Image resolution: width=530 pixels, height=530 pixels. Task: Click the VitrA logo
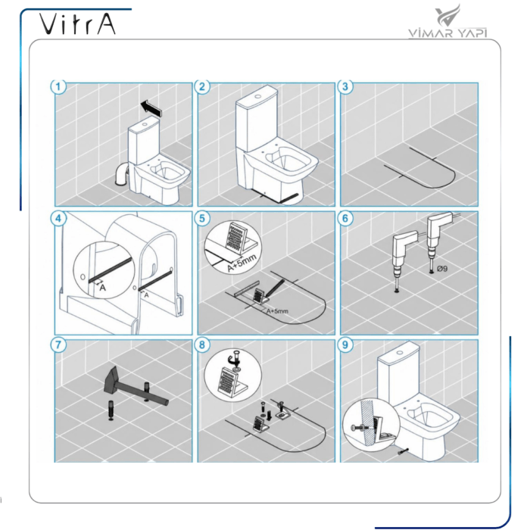coord(77,23)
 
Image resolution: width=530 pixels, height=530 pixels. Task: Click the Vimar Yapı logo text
coord(448,33)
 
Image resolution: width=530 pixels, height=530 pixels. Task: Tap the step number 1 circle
coord(58,86)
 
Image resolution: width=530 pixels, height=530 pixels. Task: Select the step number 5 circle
coord(202,218)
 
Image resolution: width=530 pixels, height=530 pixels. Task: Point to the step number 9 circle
coord(345,344)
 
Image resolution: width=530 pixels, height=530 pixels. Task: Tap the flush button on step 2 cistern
coord(259,96)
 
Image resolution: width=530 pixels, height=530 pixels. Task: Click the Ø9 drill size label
coord(441,268)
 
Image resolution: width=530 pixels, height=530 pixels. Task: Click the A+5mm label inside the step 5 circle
coord(242,263)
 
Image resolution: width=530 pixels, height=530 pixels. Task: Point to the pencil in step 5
coord(276,288)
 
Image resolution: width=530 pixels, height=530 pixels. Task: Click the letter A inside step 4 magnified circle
coord(102,288)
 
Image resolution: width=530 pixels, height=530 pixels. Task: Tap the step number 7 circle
coord(58,344)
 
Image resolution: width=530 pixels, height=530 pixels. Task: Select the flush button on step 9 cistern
coord(401,353)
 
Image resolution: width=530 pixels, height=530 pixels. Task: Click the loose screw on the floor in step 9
coord(404,451)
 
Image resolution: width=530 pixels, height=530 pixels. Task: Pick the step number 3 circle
coord(345,86)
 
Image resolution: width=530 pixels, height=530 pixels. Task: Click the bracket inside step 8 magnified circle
coord(231,382)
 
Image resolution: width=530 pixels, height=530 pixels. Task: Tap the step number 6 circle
coord(345,218)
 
